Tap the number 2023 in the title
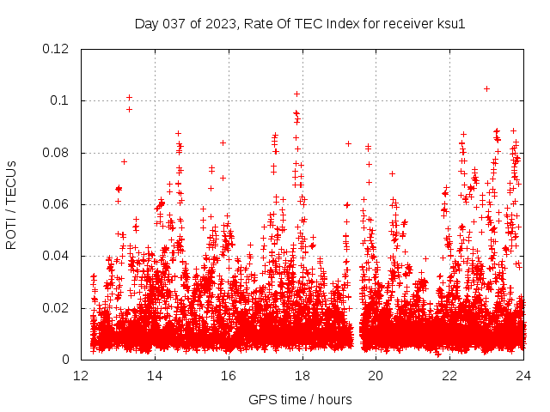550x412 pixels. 221,24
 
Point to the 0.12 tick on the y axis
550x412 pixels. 57,49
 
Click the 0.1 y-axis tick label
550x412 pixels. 60,100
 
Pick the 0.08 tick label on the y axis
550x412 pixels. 57,153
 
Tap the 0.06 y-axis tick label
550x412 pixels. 57,204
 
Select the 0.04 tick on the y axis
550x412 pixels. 57,256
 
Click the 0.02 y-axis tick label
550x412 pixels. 57,308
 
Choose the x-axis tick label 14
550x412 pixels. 156,375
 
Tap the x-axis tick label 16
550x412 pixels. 229,375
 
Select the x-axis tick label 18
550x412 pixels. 302,375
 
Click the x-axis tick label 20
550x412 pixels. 376,375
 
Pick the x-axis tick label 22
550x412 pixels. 449,375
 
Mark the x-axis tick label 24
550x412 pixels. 523,375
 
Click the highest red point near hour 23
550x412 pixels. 486,88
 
